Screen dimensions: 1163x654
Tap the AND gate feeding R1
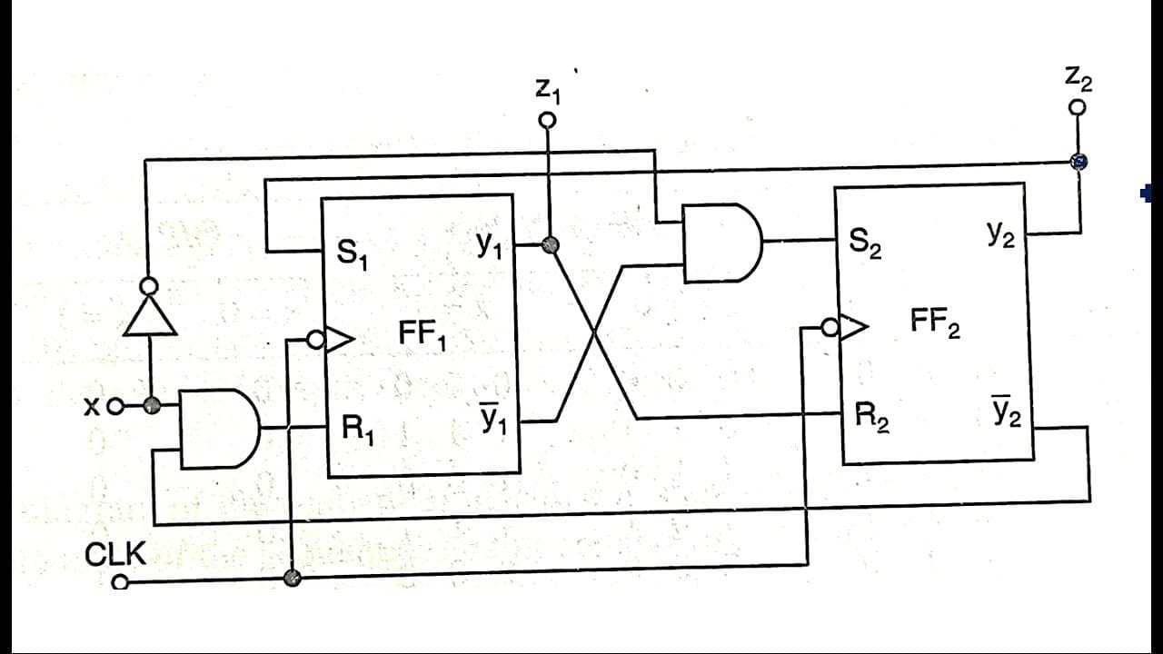pos(219,429)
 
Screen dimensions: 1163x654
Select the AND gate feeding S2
pos(722,243)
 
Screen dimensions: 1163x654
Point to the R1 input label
pos(358,430)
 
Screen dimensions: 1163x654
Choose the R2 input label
pos(872,417)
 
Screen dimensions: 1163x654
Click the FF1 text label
pos(422,335)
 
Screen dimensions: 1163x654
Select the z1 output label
pos(548,92)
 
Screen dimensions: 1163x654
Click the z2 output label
pos(1079,79)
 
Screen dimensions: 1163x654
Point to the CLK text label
pos(115,554)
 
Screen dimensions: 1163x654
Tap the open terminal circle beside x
pos(115,407)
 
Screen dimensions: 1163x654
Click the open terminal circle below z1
pos(547,121)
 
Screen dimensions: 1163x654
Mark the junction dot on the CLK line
pos(293,578)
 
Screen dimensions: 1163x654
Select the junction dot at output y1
pos(550,244)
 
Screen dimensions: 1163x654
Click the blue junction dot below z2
pos(1079,162)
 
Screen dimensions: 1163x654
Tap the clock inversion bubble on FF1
pos(315,340)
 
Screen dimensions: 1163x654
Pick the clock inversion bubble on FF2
pos(830,328)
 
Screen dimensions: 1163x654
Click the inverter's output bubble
pos(150,286)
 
